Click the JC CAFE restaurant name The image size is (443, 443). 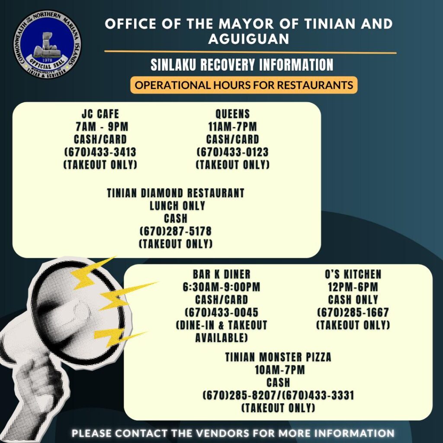pos(100,114)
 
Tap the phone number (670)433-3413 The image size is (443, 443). pos(100,152)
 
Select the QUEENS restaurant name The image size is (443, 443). pos(233,114)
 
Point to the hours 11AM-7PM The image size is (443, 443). pos(233,127)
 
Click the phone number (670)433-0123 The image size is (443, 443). pos(233,152)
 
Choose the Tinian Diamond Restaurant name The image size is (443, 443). pos(176,193)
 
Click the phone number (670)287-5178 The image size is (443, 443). pos(176,231)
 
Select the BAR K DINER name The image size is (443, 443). pos(221,274)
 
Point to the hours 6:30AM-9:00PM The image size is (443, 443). pos(221,287)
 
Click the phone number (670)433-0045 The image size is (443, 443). pos(221,312)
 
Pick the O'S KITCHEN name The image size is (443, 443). pos(353,274)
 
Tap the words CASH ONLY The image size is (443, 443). pos(353,299)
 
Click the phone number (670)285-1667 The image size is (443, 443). pos(353,312)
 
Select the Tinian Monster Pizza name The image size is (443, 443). pos(278,357)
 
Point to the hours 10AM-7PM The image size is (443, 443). pos(278,370)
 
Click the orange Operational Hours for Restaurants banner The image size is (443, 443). pos(244,85)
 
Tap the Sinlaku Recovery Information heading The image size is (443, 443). pos(242,65)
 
